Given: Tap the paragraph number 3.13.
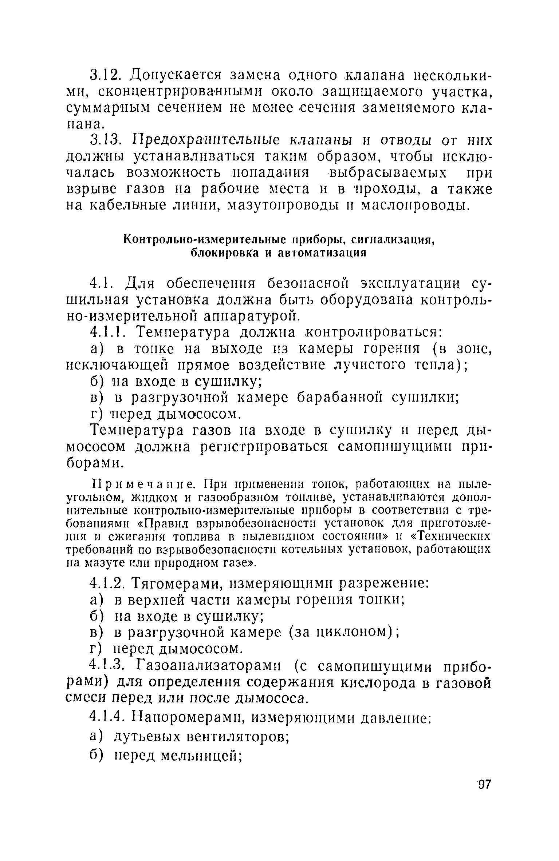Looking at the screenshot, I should pos(106,140).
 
